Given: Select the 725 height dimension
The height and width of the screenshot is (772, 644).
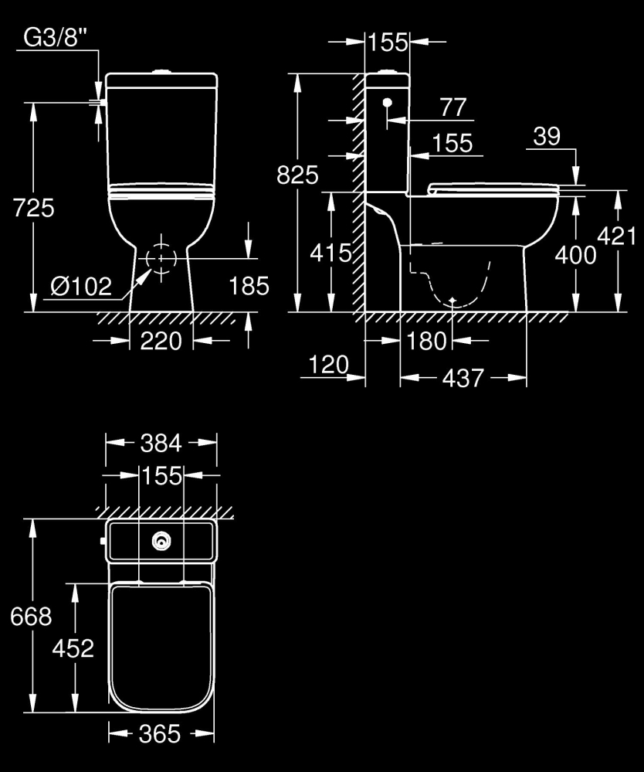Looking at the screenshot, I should pyautogui.click(x=33, y=207).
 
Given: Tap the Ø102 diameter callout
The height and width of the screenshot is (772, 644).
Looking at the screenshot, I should pyautogui.click(x=80, y=287).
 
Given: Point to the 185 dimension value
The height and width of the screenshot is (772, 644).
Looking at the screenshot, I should pyautogui.click(x=249, y=286).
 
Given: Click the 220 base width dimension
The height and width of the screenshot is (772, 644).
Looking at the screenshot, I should pyautogui.click(x=161, y=340).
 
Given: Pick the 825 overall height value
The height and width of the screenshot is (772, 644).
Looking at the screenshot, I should pyautogui.click(x=297, y=175).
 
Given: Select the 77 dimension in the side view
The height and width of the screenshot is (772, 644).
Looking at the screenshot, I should pyautogui.click(x=453, y=107).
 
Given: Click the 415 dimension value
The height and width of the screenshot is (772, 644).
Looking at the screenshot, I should pyautogui.click(x=330, y=252).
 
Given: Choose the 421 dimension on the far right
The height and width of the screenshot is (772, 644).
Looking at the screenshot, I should pyautogui.click(x=619, y=236).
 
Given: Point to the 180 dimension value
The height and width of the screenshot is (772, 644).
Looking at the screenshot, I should pyautogui.click(x=427, y=340).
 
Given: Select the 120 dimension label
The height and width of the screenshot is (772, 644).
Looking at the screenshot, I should pyautogui.click(x=328, y=364).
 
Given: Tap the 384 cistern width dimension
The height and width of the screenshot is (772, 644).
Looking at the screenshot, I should pyautogui.click(x=161, y=443).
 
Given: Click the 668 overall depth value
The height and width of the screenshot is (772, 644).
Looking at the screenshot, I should pyautogui.click(x=31, y=616).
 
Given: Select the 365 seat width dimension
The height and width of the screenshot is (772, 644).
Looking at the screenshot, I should pyautogui.click(x=161, y=732).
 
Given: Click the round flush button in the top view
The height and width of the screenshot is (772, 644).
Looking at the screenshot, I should pyautogui.click(x=161, y=542).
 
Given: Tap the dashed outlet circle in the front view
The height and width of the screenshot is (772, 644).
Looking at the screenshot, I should pyautogui.click(x=161, y=257).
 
